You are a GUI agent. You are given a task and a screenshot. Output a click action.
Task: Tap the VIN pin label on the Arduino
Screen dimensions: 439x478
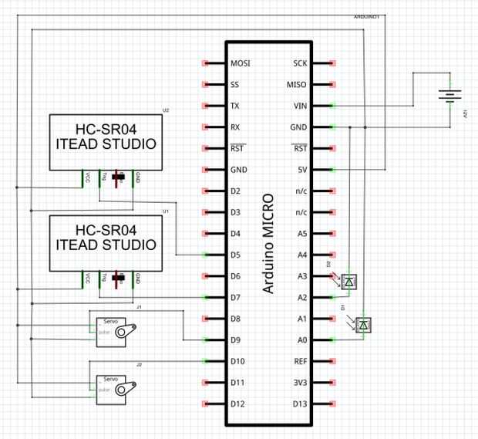point(300,106)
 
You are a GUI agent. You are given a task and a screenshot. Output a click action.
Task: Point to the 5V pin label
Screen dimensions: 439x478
point(301,169)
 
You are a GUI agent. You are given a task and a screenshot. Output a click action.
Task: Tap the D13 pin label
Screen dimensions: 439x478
point(299,404)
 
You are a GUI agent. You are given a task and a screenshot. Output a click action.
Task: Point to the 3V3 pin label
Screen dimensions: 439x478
point(299,382)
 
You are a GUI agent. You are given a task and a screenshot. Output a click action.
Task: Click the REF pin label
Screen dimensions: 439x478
point(300,361)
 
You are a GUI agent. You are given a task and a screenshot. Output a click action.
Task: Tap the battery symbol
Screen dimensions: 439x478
point(449,96)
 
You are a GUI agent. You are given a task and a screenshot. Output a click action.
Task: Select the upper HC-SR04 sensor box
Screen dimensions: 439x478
point(106,143)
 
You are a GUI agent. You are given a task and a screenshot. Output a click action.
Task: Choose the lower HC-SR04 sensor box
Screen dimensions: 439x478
point(106,244)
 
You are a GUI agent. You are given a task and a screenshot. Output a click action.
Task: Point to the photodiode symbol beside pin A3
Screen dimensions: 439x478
point(349,282)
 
